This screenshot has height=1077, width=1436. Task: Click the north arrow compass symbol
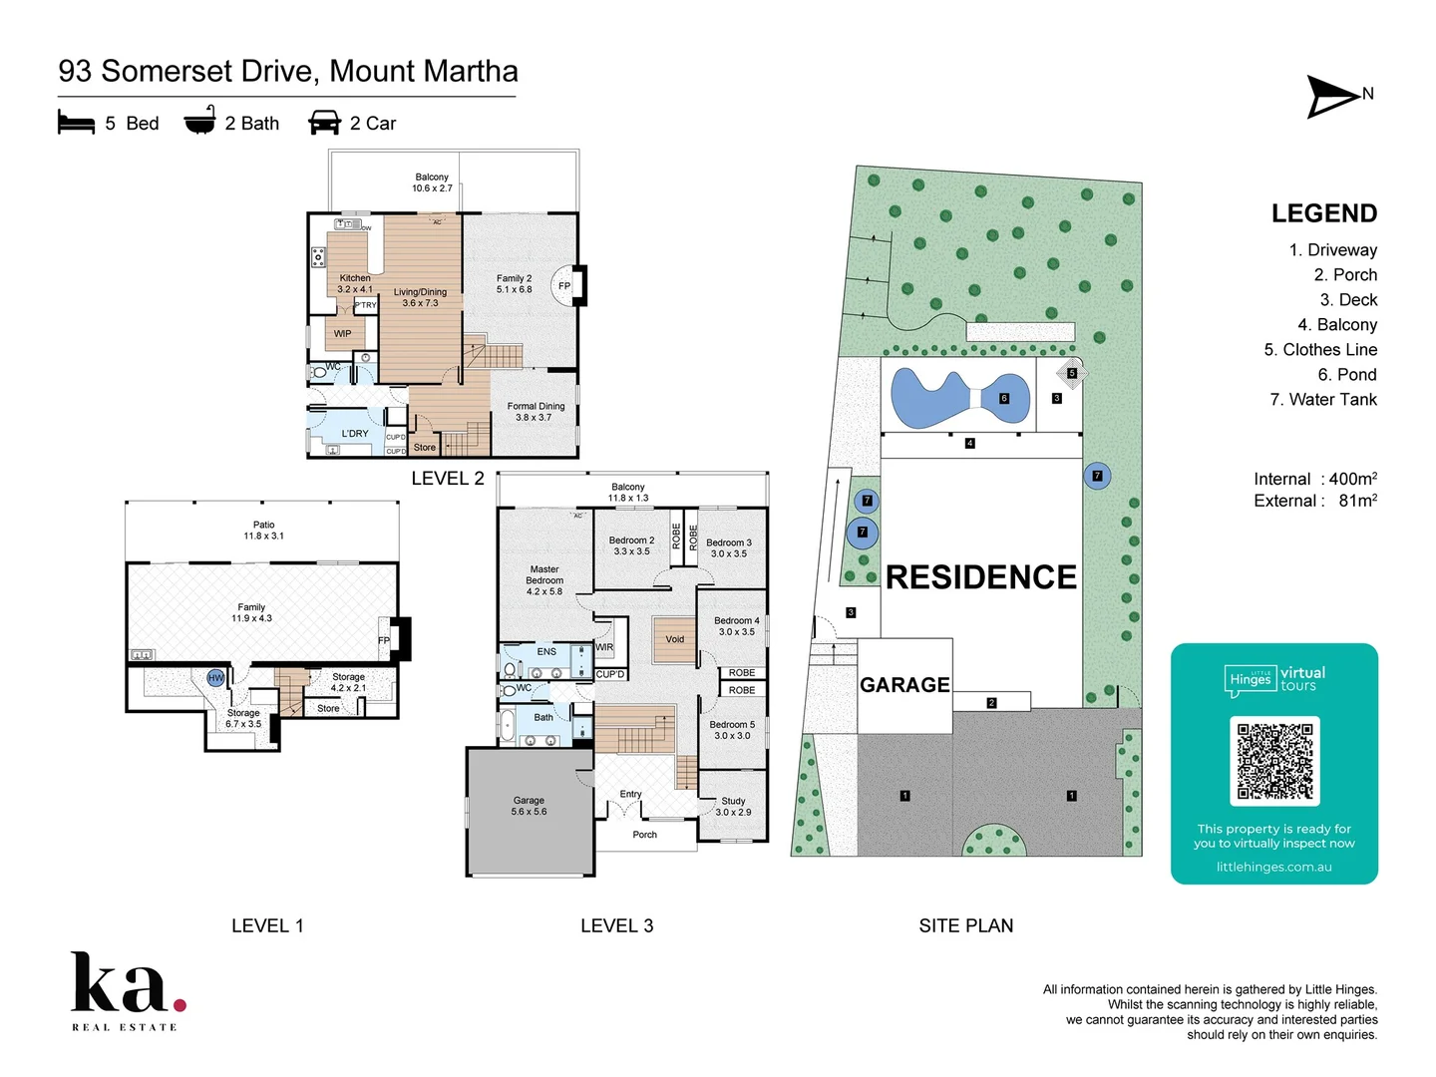[x=1334, y=97]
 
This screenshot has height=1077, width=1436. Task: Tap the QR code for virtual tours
[x=1274, y=761]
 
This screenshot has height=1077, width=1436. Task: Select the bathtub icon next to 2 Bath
[x=199, y=121]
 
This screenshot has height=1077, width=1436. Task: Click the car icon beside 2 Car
[x=325, y=123]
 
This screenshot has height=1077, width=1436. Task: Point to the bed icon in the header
[x=77, y=123]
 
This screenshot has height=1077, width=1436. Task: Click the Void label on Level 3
[x=675, y=639]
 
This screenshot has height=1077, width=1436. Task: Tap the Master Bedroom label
[x=544, y=580]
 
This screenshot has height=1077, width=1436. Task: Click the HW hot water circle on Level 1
[x=216, y=678]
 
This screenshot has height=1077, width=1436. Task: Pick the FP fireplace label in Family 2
[x=564, y=286]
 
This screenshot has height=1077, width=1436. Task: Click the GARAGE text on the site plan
[x=904, y=685]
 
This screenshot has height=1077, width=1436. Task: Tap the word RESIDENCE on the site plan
[x=980, y=577]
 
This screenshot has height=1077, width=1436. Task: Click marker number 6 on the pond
[x=1004, y=398]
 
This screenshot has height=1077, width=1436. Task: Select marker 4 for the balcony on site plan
[x=969, y=443]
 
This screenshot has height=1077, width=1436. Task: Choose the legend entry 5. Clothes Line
[x=1320, y=350]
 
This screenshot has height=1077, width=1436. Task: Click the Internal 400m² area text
[x=1315, y=479]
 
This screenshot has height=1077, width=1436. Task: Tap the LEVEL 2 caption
[x=448, y=479]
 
